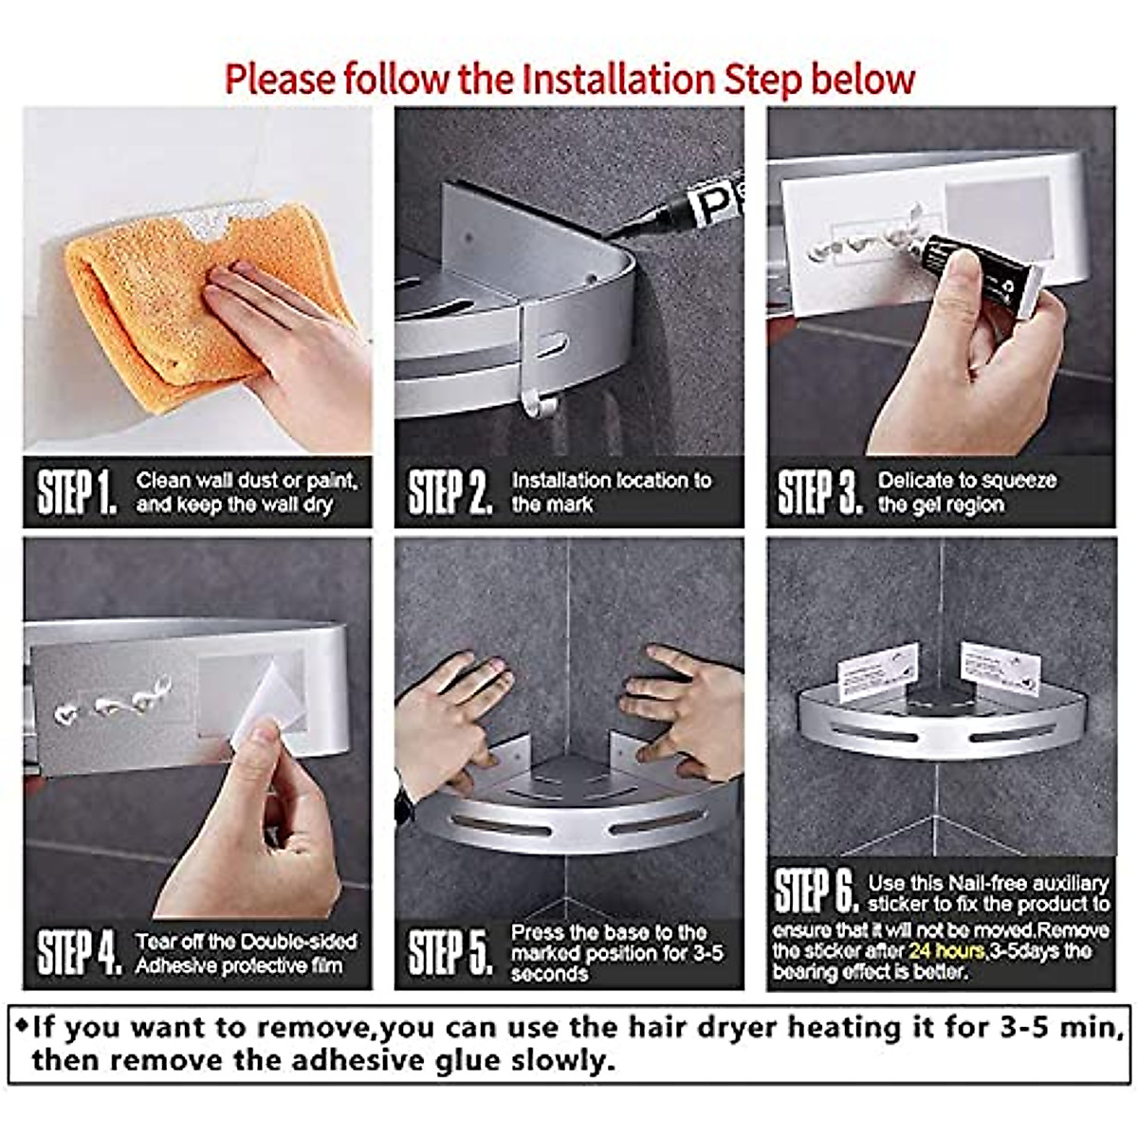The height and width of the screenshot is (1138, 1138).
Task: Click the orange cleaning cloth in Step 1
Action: [142, 284]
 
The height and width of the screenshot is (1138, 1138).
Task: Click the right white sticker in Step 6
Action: [1000, 668]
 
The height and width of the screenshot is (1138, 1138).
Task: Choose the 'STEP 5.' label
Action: [450, 952]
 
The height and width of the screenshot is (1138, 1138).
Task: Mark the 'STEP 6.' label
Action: [816, 891]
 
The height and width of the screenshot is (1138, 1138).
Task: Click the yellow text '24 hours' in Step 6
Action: [946, 950]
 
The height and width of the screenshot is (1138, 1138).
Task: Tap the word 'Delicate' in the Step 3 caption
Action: [915, 481]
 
